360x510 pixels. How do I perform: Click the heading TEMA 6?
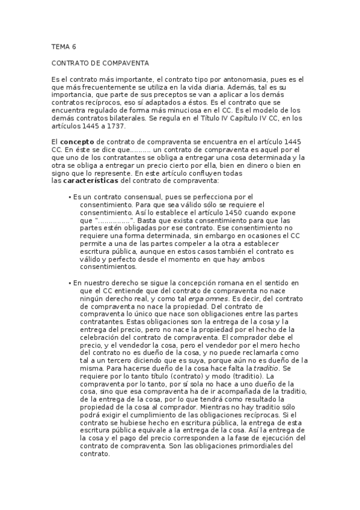(64, 46)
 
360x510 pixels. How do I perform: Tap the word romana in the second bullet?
(235, 282)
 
